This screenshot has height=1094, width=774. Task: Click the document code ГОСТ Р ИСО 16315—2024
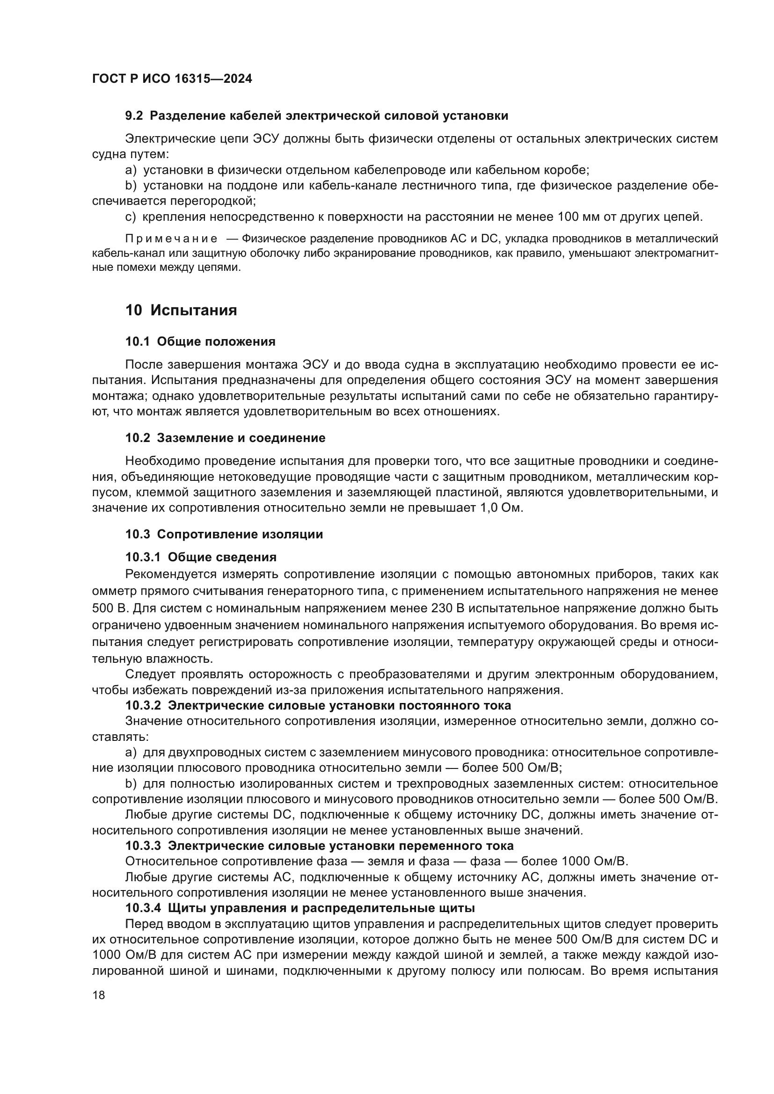click(172, 79)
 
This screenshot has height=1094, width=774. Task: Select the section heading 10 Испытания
click(181, 310)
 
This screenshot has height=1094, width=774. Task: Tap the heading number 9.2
click(134, 116)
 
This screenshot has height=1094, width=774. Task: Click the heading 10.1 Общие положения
click(200, 341)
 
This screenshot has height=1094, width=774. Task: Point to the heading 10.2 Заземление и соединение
click(225, 437)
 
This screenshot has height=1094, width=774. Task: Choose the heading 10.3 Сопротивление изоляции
click(224, 534)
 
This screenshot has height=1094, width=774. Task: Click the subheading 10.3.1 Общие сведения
click(201, 557)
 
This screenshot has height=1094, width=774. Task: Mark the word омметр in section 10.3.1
click(113, 591)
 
